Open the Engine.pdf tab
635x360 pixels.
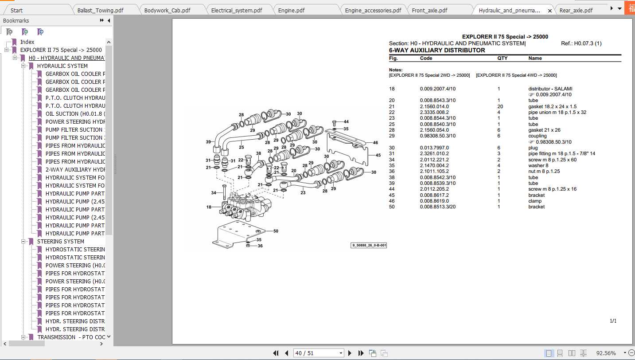pyautogui.click(x=291, y=10)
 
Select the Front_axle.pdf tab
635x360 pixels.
pyautogui.click(x=429, y=10)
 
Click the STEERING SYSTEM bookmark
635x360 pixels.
pyautogui.click(x=60, y=242)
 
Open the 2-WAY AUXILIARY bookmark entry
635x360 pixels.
pyautogui.click(x=75, y=170)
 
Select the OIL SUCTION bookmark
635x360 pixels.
pyautogui.click(x=75, y=114)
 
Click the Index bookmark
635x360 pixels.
pyautogui.click(x=27, y=42)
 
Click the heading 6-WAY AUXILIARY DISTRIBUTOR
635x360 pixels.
pyautogui.click(x=437, y=51)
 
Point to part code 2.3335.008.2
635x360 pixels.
pyautogui.click(x=434, y=112)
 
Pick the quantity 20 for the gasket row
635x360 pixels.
pyautogui.click(x=500, y=106)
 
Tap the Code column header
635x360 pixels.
pyautogui.click(x=426, y=58)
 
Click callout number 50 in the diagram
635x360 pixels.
pyautogui.click(x=275, y=231)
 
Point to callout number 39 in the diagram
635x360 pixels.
pyautogui.click(x=208, y=142)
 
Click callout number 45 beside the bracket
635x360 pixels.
pyautogui.click(x=378, y=155)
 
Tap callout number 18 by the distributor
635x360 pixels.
pyautogui.click(x=209, y=207)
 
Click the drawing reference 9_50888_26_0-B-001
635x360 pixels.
pyautogui.click(x=369, y=245)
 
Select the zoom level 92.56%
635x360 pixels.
pyautogui.click(x=606, y=353)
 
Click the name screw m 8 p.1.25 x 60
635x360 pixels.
pyautogui.click(x=552, y=160)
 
